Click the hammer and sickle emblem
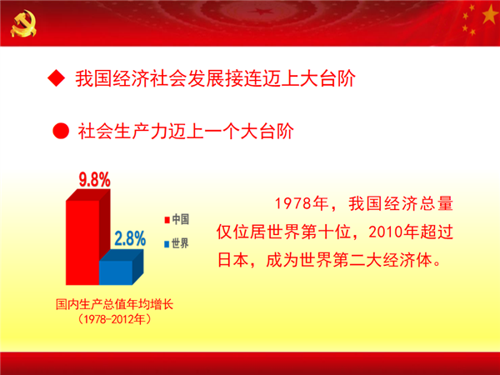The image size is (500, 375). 23,23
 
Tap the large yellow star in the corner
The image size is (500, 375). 490,15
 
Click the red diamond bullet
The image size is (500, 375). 57,78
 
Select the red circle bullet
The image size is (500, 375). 61,131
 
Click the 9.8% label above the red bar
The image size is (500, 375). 94,179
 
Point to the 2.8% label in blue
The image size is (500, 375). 130,238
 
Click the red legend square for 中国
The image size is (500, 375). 167,220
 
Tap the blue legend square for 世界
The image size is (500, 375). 167,244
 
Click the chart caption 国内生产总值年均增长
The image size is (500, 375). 114,304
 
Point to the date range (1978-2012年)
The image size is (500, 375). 114,319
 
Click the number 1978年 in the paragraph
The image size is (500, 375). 302,203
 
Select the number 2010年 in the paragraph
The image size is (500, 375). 394,232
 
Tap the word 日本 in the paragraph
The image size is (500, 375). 232,260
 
